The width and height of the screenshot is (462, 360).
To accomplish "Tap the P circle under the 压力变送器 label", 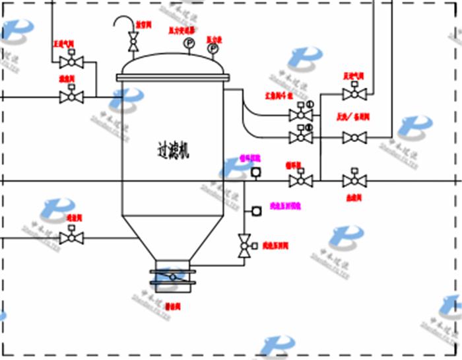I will (189, 44).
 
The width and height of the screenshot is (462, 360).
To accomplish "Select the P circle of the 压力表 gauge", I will (213, 48).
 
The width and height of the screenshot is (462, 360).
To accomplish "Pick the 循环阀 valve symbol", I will (302, 180).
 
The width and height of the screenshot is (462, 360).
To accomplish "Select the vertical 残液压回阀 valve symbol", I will (245, 246).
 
